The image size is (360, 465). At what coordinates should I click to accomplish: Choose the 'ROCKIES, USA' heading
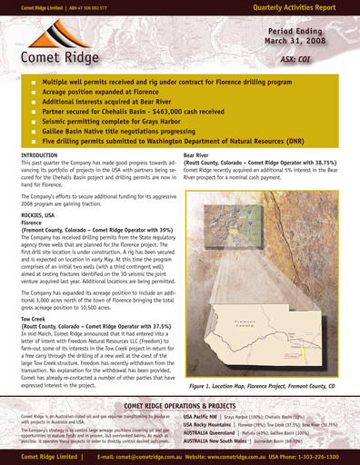[x=41, y=214]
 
